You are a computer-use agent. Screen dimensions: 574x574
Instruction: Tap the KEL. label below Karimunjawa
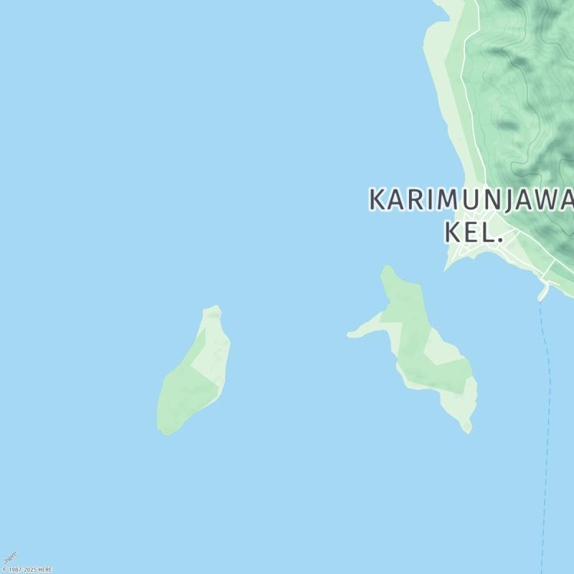472,232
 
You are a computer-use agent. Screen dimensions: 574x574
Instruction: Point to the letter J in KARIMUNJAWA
508,200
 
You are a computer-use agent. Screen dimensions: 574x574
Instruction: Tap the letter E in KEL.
474,232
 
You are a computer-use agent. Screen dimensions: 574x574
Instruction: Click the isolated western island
192,373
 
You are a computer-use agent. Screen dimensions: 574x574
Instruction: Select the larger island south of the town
423,352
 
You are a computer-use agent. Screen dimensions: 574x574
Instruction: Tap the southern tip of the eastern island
468,430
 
